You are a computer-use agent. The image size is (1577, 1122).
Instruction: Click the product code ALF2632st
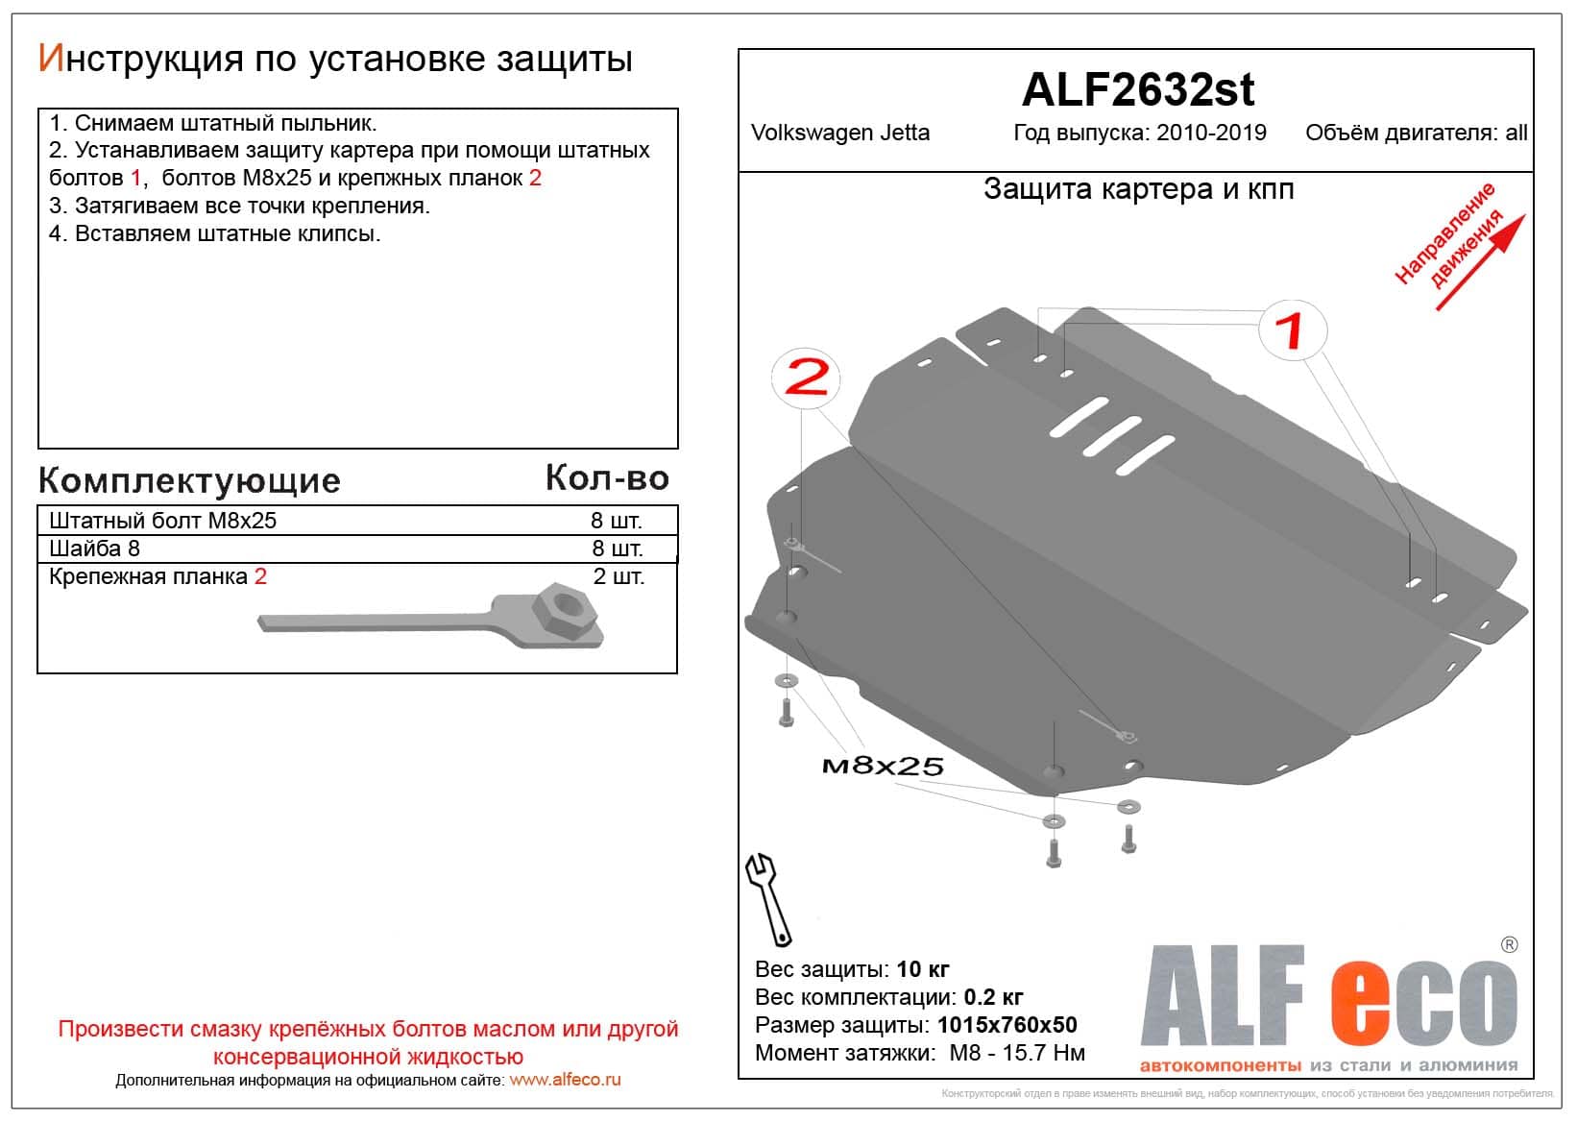[x=1138, y=90]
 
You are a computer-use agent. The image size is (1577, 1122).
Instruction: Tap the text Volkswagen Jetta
[x=840, y=133]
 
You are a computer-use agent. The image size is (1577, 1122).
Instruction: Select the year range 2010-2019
[x=1211, y=133]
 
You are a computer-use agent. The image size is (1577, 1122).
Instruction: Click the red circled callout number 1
[x=1293, y=329]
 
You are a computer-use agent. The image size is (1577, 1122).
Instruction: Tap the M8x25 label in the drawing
[x=883, y=765]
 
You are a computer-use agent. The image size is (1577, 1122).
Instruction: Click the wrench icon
[x=768, y=898]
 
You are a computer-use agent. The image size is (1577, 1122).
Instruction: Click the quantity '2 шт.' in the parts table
[x=619, y=576]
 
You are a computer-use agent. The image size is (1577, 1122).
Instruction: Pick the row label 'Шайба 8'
[x=94, y=549]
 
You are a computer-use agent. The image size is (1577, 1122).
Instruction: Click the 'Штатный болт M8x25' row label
[x=162, y=521]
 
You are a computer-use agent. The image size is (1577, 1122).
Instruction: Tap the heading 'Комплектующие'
[x=189, y=480]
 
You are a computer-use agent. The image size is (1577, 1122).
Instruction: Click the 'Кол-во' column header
[x=607, y=477]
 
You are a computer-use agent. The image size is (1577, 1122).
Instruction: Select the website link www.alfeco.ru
[x=565, y=1080]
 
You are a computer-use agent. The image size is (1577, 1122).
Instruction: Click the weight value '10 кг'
[x=922, y=968]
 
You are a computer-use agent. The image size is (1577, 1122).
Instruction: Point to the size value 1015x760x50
[x=1007, y=1025]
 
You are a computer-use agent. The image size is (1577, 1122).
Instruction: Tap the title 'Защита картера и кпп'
[x=1138, y=189]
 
